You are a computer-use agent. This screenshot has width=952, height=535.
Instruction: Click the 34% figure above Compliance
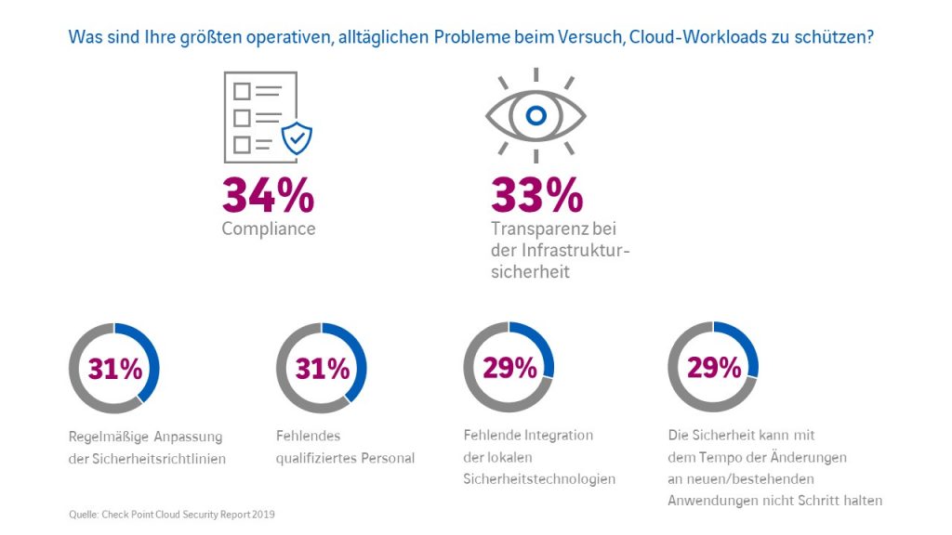(x=268, y=195)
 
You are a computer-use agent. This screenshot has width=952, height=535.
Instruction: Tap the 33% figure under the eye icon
(x=536, y=195)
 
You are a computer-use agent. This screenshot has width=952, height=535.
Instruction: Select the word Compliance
(x=269, y=228)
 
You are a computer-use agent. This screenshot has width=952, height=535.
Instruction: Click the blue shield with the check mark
(x=297, y=137)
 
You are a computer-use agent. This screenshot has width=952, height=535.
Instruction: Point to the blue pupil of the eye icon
(x=535, y=116)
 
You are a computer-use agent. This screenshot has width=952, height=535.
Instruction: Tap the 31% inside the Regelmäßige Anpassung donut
(x=115, y=369)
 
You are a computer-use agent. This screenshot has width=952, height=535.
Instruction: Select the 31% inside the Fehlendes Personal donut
(x=322, y=369)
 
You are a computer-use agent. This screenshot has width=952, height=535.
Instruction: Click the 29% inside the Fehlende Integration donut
(x=509, y=368)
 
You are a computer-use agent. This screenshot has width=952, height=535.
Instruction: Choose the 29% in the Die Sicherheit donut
(x=714, y=368)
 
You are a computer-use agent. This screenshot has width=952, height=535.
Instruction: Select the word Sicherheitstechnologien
(x=539, y=479)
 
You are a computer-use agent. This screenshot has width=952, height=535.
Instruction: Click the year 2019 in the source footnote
(x=263, y=514)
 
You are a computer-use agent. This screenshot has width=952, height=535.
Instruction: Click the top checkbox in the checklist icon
(x=242, y=91)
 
